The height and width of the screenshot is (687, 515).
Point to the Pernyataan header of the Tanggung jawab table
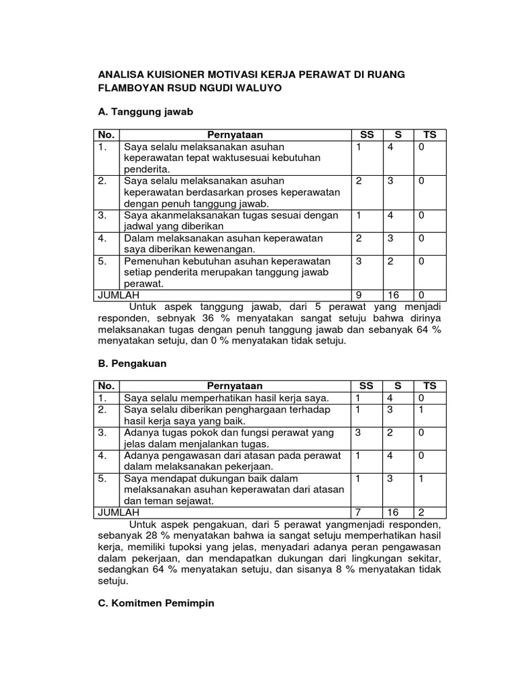(235, 135)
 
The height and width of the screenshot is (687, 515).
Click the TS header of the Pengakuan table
(430, 386)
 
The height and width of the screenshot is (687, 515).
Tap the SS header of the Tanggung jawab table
(366, 135)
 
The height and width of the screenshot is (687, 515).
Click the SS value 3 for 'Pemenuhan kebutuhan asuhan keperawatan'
(359, 261)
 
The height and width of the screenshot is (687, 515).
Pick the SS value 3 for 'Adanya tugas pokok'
(359, 433)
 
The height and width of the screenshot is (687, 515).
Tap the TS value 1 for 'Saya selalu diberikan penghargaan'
(421, 409)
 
